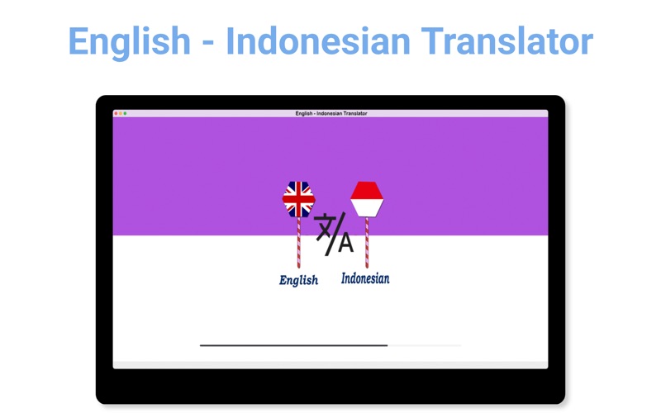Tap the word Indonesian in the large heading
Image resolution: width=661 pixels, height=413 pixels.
coord(318,40)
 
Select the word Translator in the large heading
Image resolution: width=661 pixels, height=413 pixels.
coord(507,40)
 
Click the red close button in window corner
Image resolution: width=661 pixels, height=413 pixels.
coord(117,113)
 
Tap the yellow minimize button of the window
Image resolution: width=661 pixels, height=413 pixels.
coord(121,113)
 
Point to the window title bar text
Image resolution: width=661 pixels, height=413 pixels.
coord(331,113)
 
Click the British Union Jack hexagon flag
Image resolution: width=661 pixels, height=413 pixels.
coord(299,199)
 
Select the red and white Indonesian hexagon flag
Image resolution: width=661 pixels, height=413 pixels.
coord(367,199)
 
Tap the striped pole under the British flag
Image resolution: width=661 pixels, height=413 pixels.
coord(299,243)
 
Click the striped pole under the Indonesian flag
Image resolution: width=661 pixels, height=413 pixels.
coord(367,243)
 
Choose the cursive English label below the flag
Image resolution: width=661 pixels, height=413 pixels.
coord(298,281)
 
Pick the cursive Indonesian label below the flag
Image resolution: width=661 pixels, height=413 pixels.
coord(365,278)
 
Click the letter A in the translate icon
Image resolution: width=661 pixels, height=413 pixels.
coord(346,242)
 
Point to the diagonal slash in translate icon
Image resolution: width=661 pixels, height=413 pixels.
coord(335,234)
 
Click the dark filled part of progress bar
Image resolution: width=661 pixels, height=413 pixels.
coord(294,345)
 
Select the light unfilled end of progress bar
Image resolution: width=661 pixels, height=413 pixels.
coord(425,345)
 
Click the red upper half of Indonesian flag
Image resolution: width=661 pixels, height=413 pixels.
coord(367,191)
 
